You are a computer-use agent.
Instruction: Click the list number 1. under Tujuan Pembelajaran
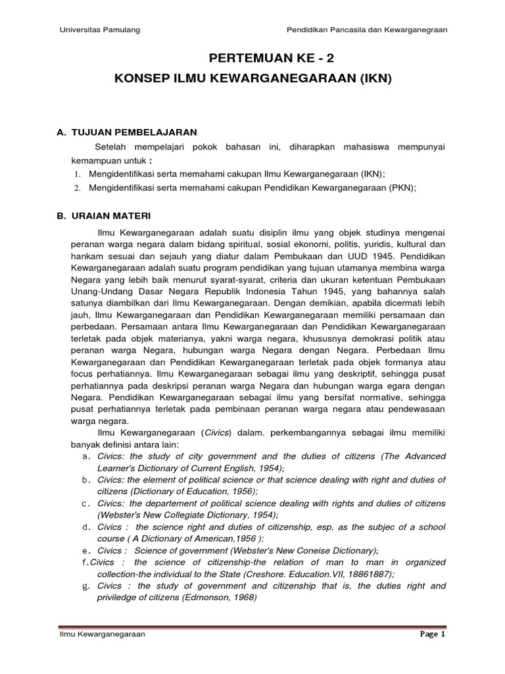click(x=76, y=174)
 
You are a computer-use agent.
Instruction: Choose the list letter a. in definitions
click(x=85, y=456)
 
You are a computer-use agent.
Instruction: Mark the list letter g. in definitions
click(x=85, y=586)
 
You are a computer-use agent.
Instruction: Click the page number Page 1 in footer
click(x=433, y=635)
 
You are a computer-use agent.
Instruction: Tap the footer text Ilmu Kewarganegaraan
click(x=99, y=635)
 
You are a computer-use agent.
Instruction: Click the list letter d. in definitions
click(x=85, y=527)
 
